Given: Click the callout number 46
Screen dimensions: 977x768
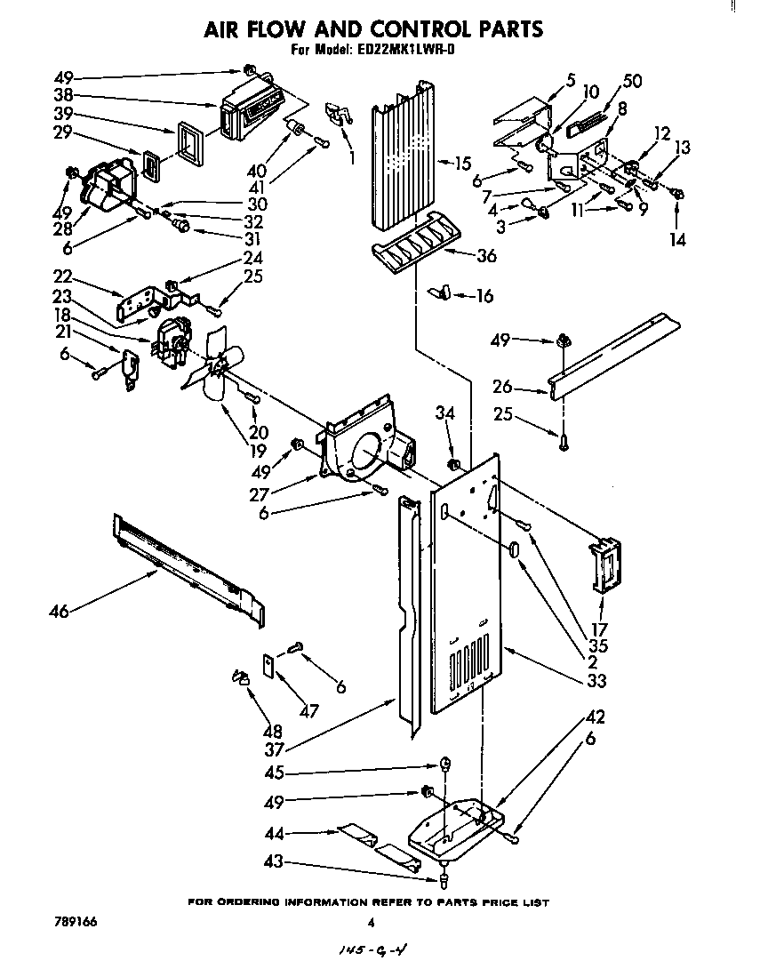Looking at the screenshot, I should point(60,611).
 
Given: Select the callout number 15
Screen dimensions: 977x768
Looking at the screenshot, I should point(462,163).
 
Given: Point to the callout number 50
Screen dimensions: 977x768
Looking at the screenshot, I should point(632,82).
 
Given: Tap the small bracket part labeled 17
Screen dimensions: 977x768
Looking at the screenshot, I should point(604,565).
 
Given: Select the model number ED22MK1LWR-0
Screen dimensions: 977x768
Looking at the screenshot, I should point(412,51).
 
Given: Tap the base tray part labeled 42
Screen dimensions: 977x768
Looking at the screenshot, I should point(453,822).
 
